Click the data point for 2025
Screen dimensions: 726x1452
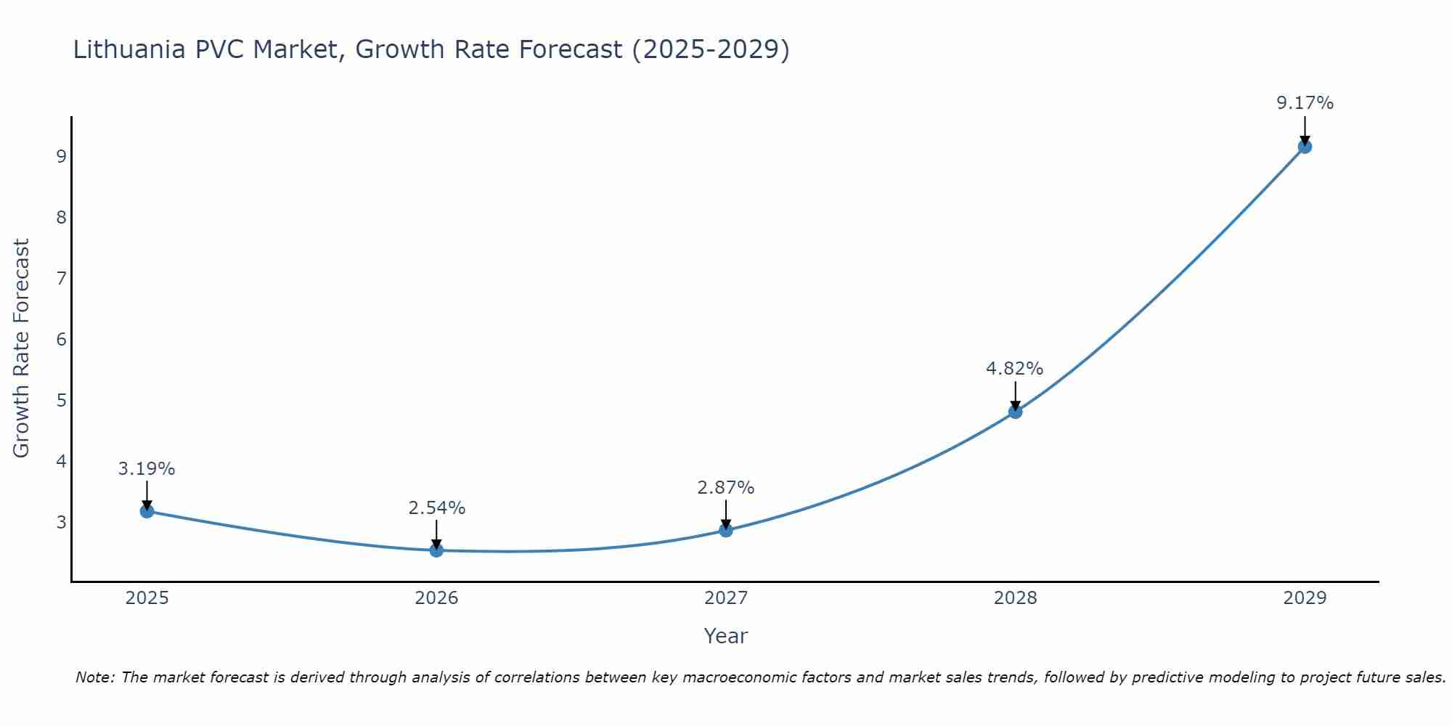point(147,511)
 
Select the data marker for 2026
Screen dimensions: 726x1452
point(436,550)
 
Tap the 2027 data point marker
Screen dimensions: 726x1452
point(726,531)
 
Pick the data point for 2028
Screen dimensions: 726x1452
point(1015,412)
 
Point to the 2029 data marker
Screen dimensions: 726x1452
point(1305,147)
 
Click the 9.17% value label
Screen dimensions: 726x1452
point(1305,103)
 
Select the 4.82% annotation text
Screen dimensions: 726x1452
point(1014,369)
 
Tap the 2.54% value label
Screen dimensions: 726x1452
point(436,508)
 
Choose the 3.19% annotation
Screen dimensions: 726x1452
point(147,469)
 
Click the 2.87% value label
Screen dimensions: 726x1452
point(725,488)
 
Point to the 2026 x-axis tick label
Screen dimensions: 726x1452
point(436,598)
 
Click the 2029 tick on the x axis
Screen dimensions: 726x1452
point(1305,598)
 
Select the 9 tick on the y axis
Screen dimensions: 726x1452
point(61,157)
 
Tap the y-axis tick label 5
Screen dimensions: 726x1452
point(61,401)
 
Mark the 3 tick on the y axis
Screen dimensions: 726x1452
point(61,523)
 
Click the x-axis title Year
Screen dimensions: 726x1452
point(725,636)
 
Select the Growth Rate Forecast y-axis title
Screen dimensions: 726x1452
point(22,348)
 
